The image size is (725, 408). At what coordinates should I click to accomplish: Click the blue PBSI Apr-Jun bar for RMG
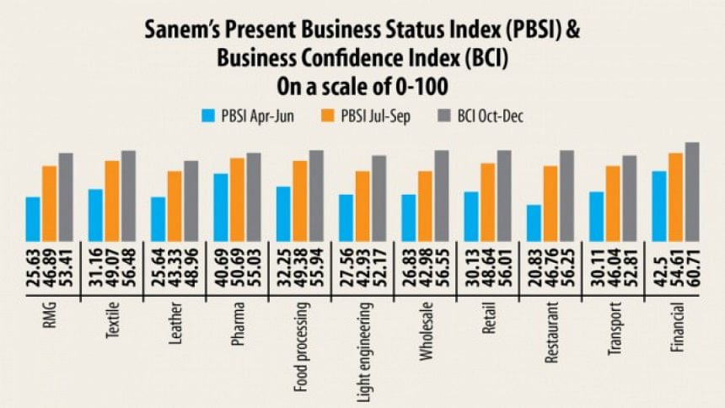click(33, 219)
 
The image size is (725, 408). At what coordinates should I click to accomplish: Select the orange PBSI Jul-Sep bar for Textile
click(112, 201)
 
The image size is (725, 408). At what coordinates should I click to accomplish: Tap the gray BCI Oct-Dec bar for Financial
click(692, 192)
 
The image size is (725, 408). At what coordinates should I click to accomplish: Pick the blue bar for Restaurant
click(534, 223)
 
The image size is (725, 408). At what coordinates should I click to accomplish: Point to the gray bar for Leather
click(191, 201)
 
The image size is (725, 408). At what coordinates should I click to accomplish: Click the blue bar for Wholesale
click(408, 218)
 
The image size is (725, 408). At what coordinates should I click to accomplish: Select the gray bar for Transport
click(630, 198)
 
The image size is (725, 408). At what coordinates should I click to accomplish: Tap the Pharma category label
click(238, 325)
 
